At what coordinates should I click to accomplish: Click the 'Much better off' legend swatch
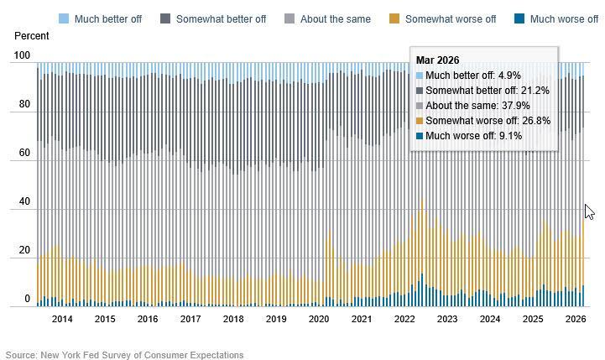(64, 18)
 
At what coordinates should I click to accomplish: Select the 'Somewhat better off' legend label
(222, 18)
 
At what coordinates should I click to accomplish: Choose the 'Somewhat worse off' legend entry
(451, 18)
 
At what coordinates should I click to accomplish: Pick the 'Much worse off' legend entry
(564, 18)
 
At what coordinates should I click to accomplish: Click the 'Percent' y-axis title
(31, 37)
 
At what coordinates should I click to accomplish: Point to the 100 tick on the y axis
(22, 56)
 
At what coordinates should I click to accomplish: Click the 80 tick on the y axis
(24, 105)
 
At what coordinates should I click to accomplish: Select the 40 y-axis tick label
(24, 202)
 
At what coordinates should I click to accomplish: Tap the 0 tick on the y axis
(27, 299)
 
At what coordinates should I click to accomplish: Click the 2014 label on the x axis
(62, 319)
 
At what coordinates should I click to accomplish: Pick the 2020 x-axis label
(319, 319)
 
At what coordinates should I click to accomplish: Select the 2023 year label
(447, 319)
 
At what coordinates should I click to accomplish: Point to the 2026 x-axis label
(576, 319)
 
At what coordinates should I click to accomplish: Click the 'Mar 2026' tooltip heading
(437, 60)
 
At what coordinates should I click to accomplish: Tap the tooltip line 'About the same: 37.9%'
(477, 106)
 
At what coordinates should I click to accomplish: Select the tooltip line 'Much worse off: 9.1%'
(474, 136)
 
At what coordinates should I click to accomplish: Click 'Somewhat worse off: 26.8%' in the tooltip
(488, 121)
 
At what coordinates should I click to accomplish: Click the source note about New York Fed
(124, 355)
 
